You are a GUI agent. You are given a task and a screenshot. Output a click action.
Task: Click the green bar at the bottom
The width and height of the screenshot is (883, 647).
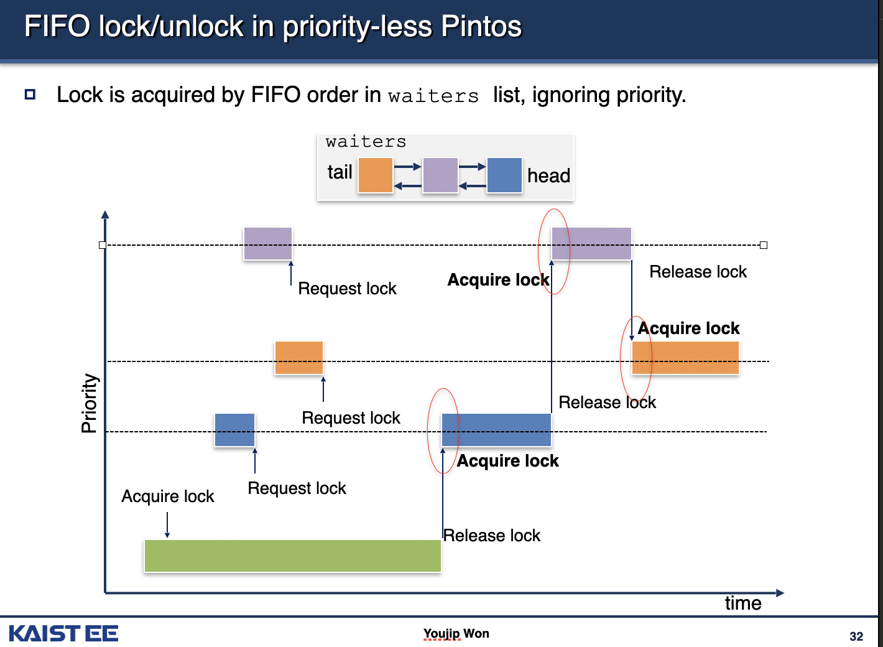[x=292, y=556]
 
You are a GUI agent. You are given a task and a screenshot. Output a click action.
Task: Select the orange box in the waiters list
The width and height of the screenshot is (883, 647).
[x=375, y=175]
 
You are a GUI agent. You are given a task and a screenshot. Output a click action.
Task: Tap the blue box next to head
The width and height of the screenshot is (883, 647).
[x=504, y=175]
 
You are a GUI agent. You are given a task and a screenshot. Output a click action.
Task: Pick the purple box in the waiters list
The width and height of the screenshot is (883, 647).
[x=440, y=175]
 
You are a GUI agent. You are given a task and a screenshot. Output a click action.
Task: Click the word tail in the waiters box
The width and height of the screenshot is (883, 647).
[x=340, y=172]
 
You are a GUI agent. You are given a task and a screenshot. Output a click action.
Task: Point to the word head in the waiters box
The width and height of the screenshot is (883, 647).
[x=548, y=176]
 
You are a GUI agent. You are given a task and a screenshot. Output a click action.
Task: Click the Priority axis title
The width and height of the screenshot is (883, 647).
[x=89, y=403]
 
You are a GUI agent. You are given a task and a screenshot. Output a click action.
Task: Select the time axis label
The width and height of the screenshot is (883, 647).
[x=743, y=603]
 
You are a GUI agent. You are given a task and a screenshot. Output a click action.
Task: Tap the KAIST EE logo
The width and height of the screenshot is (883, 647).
[x=63, y=633]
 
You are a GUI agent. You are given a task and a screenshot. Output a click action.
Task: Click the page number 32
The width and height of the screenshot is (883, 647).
[x=856, y=636]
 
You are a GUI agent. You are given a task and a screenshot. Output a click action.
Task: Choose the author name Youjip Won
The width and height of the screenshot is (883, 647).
[x=456, y=633]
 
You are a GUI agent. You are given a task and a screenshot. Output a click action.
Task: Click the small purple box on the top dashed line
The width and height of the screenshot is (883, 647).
[x=267, y=243]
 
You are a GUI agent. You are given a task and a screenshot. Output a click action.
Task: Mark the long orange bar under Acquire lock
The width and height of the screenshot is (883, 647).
[x=685, y=358]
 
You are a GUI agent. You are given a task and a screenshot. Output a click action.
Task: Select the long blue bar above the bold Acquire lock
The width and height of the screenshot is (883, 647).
[x=496, y=430]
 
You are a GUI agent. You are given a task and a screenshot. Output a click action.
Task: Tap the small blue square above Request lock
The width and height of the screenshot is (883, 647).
[x=234, y=430]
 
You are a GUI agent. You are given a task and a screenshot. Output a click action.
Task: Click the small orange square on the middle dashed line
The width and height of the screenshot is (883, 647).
[x=298, y=358]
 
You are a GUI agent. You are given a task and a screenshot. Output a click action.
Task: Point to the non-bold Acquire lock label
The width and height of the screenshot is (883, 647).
[x=167, y=496]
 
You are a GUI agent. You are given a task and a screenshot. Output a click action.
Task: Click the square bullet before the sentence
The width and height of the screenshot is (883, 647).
[x=30, y=95]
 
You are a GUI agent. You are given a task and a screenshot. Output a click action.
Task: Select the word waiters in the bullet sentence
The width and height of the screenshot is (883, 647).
[x=433, y=96]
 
